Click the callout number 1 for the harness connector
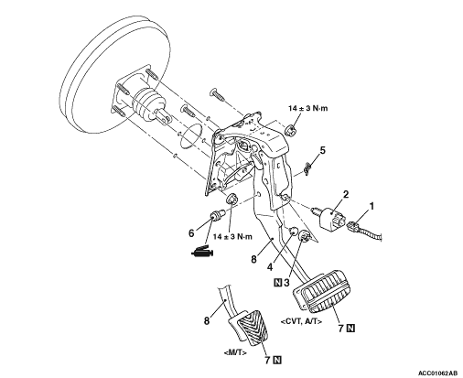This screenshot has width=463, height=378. (x=371, y=207)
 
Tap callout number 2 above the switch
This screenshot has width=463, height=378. (x=346, y=194)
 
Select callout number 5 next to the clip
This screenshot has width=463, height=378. (x=322, y=150)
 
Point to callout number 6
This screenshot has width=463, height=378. (x=191, y=233)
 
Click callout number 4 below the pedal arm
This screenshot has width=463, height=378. (x=270, y=267)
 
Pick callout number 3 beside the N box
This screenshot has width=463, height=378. (x=286, y=283)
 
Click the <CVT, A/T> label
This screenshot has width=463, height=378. (x=301, y=321)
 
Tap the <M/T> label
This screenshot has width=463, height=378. (x=235, y=352)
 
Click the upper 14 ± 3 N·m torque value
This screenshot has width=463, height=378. (x=308, y=108)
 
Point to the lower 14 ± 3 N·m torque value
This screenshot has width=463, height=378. (x=232, y=237)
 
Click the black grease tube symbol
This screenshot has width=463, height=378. (x=202, y=252)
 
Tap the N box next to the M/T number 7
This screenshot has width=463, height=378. (x=277, y=361)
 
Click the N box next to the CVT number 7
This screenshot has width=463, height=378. (x=351, y=329)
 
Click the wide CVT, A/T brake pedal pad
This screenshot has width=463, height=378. (x=321, y=291)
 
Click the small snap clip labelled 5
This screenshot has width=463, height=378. (x=307, y=168)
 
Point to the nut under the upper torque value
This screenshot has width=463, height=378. (x=290, y=131)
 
